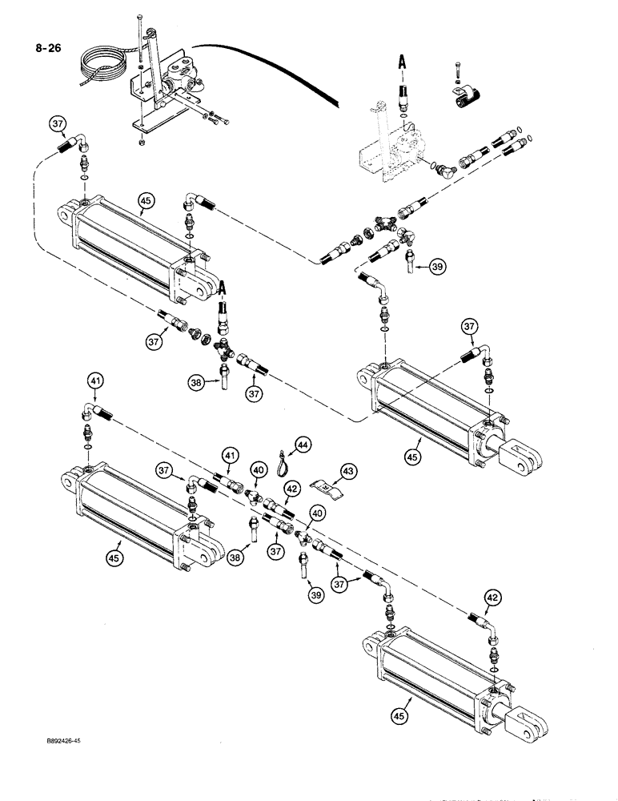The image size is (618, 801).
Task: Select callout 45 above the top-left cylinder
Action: point(145,201)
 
